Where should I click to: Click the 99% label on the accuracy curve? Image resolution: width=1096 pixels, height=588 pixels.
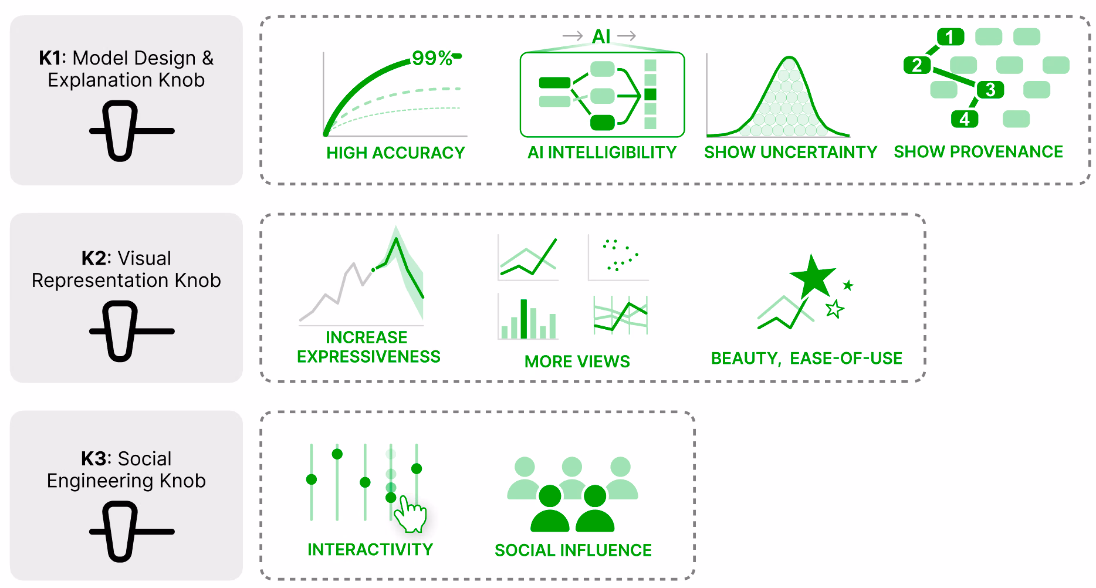(x=432, y=58)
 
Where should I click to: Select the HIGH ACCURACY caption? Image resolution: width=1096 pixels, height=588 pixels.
(x=395, y=153)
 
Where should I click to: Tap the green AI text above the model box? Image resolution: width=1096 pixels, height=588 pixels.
(x=601, y=36)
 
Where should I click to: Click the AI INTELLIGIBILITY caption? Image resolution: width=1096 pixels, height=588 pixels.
(x=602, y=153)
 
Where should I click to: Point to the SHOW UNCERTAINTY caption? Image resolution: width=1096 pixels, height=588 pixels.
(x=790, y=152)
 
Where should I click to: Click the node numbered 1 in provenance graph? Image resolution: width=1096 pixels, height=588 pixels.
(x=950, y=37)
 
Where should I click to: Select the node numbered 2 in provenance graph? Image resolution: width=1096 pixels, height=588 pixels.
(x=917, y=65)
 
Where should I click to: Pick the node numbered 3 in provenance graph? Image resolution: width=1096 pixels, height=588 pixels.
(x=990, y=90)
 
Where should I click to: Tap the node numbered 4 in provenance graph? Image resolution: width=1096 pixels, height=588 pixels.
(x=965, y=119)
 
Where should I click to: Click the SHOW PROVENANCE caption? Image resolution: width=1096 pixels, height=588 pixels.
(x=978, y=152)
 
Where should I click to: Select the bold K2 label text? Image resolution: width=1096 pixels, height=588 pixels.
(x=94, y=258)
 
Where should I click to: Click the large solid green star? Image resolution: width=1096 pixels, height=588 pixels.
(x=813, y=276)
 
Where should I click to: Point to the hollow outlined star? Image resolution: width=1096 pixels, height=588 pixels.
(x=834, y=309)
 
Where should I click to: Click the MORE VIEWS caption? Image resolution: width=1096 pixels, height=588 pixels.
(x=577, y=361)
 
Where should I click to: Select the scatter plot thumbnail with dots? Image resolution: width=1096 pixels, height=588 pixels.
(x=618, y=258)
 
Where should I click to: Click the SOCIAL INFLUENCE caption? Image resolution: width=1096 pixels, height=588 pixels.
(x=573, y=550)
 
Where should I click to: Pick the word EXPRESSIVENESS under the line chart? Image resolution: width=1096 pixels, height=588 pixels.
(x=368, y=357)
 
